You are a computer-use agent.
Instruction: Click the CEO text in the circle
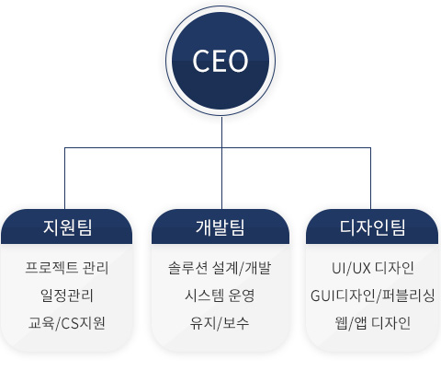[x=220, y=61]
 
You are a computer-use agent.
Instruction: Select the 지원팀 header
[x=67, y=227]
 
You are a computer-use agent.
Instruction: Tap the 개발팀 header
[x=220, y=227]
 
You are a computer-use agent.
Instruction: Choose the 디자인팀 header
[x=372, y=227]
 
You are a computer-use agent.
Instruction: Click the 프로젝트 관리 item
[x=67, y=268]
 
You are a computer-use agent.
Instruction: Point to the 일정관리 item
[x=67, y=296]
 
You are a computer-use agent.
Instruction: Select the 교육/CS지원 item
[x=67, y=323]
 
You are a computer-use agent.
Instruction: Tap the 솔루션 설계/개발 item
[x=220, y=268]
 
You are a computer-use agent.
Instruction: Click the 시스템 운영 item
[x=220, y=296]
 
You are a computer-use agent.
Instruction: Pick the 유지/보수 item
[x=220, y=323]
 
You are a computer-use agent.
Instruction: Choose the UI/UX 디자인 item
[x=373, y=268]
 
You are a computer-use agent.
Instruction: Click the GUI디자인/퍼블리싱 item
[x=373, y=296]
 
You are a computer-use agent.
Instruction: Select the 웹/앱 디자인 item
[x=373, y=323]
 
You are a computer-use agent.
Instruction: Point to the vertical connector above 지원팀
[x=64, y=179]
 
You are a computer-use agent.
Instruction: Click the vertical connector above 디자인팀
[x=370, y=179]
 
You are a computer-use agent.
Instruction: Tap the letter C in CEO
[x=201, y=61]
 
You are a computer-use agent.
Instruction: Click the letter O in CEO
[x=238, y=61]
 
